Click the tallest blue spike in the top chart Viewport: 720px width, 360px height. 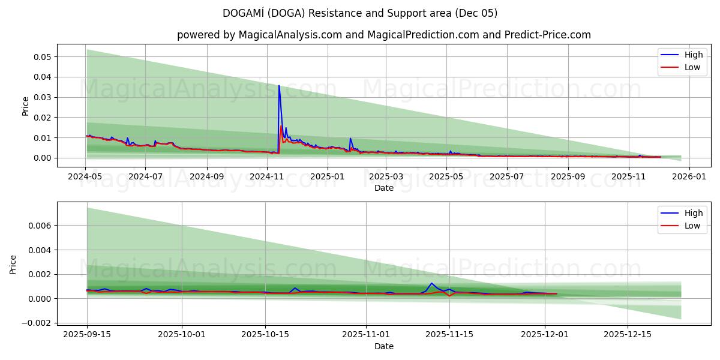(x=279, y=86)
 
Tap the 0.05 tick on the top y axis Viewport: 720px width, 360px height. (x=41, y=57)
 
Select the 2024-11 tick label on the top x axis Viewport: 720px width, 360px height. (x=267, y=177)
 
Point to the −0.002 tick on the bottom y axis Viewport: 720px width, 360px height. (x=37, y=323)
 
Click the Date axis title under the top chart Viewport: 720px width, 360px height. (x=384, y=188)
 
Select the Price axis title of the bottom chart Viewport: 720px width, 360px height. (x=13, y=265)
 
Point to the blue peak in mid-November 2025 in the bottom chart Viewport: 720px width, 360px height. (x=431, y=283)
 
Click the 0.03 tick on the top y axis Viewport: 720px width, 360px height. (x=41, y=97)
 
